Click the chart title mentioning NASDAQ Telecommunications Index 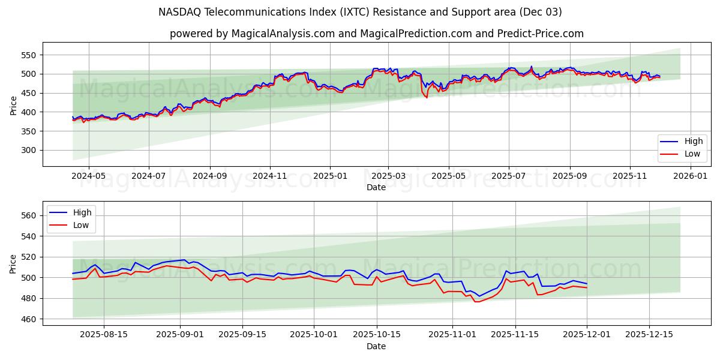click(360, 12)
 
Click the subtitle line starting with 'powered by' click(376, 34)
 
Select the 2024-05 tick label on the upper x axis click(89, 176)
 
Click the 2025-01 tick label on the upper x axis click(329, 176)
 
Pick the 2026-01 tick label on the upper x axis click(690, 176)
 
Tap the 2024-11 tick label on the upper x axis click(269, 176)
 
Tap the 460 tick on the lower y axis click(28, 319)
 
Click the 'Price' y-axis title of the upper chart click(14, 104)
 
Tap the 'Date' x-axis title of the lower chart click(376, 347)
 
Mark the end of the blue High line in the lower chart click(587, 284)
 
